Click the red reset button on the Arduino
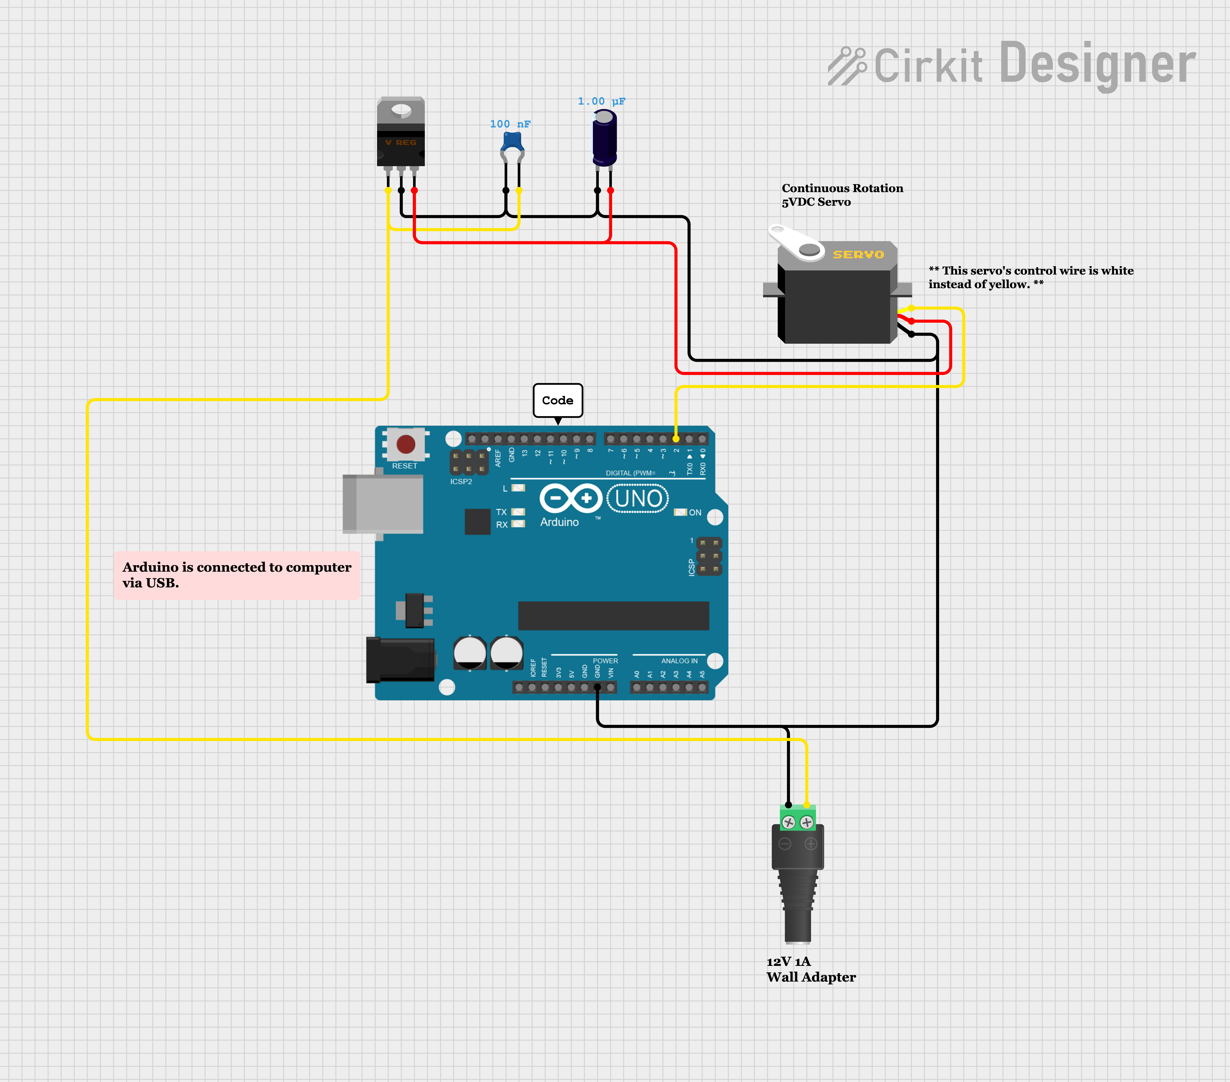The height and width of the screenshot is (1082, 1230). [406, 444]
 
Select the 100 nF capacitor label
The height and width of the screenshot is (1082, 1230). [510, 124]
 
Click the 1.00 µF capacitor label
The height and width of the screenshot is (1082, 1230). [601, 101]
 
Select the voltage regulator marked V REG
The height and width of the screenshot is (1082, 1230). [401, 132]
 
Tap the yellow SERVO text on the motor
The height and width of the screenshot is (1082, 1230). [858, 254]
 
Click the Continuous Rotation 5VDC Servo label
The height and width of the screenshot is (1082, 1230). [842, 195]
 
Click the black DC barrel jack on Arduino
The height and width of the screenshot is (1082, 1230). [400, 660]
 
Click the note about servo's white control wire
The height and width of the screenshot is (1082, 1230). [1030, 277]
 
